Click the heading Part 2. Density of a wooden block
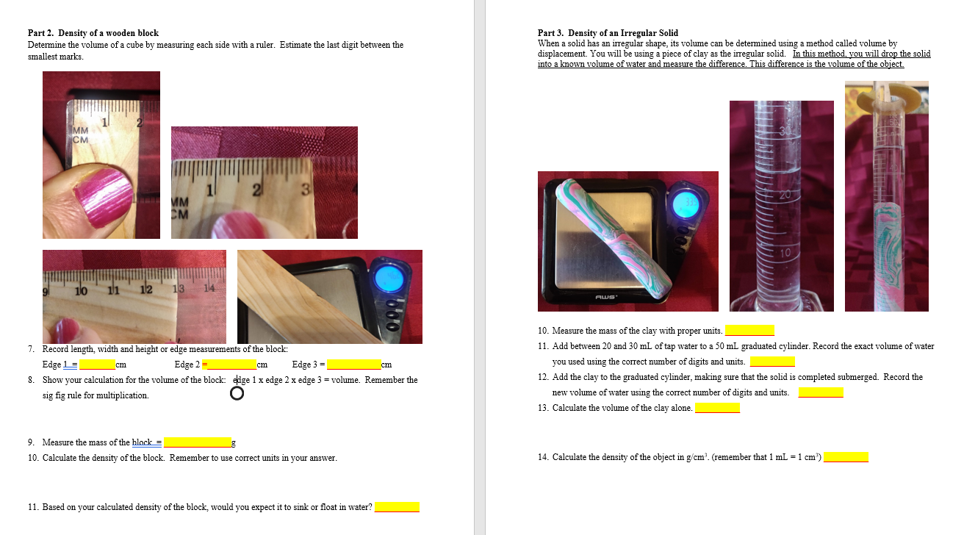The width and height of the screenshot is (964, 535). (93, 33)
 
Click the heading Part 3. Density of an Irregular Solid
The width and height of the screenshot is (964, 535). (608, 33)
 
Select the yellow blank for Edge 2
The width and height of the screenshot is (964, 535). (231, 365)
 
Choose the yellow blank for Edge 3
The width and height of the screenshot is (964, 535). (353, 365)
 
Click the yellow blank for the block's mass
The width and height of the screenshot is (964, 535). (197, 442)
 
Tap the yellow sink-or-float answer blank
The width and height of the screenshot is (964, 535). (397, 507)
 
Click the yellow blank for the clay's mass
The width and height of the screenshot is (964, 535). (749, 331)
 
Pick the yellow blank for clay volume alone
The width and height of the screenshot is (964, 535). (717, 408)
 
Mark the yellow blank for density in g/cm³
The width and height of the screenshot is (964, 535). (846, 457)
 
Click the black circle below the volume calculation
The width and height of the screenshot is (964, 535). (237, 394)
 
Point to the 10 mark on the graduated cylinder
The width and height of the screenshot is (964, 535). (785, 253)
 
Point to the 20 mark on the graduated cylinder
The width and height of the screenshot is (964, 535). (785, 195)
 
